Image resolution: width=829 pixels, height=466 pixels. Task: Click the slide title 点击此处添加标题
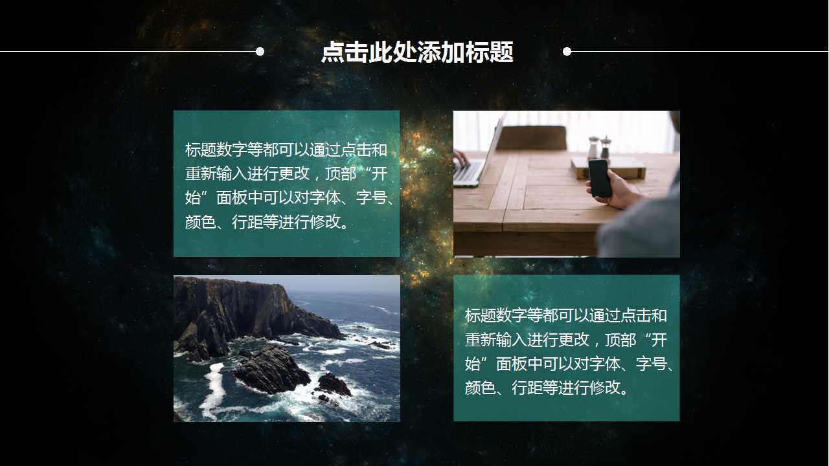click(417, 52)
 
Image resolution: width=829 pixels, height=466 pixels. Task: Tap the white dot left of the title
click(260, 51)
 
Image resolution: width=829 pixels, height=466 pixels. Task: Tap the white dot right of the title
click(567, 51)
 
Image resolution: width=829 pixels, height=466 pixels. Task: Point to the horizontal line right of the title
click(699, 51)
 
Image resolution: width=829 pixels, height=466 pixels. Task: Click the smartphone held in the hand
click(599, 177)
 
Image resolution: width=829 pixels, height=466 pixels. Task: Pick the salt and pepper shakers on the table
click(598, 148)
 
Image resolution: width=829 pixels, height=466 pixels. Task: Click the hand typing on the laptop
click(461, 157)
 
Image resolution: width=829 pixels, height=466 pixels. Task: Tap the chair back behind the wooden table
click(531, 138)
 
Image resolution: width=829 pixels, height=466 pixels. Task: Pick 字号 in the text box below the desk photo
click(651, 364)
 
